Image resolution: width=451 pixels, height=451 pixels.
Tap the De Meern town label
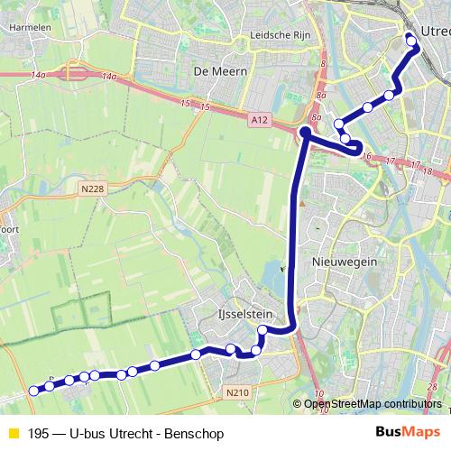(213, 69)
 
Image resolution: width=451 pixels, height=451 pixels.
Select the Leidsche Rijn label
(273, 36)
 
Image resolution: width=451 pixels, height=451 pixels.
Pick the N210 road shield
(236, 391)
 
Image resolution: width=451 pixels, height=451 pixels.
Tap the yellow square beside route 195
(13, 434)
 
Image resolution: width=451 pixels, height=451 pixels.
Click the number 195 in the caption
(39, 434)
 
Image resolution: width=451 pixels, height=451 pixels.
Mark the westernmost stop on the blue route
(34, 391)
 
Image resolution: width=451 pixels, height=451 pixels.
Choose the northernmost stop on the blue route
(410, 37)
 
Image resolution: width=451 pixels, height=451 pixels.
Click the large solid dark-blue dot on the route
(305, 133)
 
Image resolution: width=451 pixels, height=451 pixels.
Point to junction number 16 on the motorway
(366, 156)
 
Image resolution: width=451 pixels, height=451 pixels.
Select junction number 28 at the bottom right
(433, 386)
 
